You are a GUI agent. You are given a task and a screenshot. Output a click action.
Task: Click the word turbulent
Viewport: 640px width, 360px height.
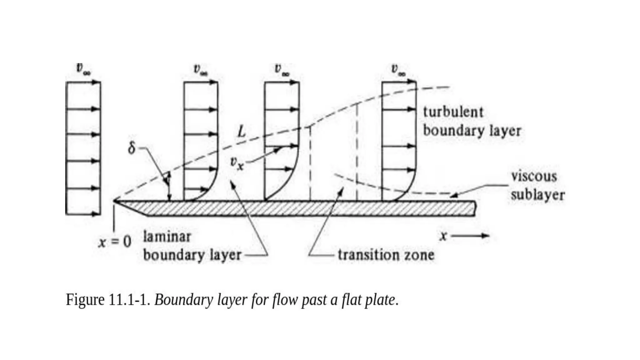point(453,112)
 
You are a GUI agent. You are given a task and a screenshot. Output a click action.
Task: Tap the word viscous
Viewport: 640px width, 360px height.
point(534,176)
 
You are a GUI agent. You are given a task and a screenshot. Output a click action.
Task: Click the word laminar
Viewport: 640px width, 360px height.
point(167,236)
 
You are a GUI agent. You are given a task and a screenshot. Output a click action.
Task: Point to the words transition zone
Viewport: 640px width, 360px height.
point(386,255)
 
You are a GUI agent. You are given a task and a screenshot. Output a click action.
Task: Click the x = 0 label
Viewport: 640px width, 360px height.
point(115,242)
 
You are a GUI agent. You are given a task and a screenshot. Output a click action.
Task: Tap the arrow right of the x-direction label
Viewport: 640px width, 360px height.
point(470,236)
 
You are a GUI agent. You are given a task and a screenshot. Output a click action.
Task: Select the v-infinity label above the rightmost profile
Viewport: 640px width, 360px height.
point(399,69)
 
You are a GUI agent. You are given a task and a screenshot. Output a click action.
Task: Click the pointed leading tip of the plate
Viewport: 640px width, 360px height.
point(115,201)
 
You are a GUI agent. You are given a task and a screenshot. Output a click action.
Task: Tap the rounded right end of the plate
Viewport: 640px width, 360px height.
point(475,208)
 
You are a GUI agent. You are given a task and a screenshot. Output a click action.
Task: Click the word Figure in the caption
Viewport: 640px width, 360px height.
point(85,300)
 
